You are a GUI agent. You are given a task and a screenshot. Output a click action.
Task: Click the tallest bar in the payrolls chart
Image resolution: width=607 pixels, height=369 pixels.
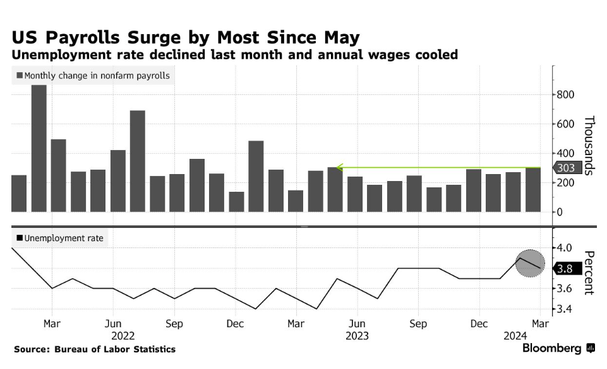[39, 149]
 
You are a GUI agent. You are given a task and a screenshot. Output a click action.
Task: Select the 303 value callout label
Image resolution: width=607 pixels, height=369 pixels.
[565, 168]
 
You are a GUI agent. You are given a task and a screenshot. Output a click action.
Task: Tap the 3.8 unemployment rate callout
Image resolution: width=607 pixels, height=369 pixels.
[565, 268]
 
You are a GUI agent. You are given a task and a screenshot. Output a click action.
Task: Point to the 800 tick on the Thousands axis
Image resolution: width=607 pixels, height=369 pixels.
[565, 95]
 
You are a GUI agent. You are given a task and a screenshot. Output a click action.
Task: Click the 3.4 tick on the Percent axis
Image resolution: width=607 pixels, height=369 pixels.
[565, 310]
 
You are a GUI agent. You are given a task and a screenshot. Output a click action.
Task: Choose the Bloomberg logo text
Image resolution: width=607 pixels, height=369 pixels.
[551, 349]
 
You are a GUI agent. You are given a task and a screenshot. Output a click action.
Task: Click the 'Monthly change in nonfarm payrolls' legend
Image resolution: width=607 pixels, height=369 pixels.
[92, 76]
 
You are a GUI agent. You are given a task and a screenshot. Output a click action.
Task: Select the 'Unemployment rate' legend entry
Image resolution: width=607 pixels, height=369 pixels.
[59, 239]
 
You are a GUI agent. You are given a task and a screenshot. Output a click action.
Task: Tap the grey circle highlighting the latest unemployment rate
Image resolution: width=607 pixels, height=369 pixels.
[529, 263]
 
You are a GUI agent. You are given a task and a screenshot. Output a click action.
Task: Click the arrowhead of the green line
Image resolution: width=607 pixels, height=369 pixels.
[339, 168]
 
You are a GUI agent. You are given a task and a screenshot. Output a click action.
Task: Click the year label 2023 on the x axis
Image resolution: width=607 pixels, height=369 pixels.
[357, 336]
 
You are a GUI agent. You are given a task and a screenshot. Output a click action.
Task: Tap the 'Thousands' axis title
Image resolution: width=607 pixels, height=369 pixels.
[589, 146]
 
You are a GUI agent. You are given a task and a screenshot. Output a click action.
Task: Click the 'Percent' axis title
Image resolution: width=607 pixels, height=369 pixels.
[589, 273]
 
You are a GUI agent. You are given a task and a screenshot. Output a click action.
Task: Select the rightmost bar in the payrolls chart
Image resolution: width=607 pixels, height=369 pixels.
[533, 190]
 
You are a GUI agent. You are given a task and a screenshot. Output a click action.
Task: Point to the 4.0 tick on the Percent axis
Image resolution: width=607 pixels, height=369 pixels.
[565, 247]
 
